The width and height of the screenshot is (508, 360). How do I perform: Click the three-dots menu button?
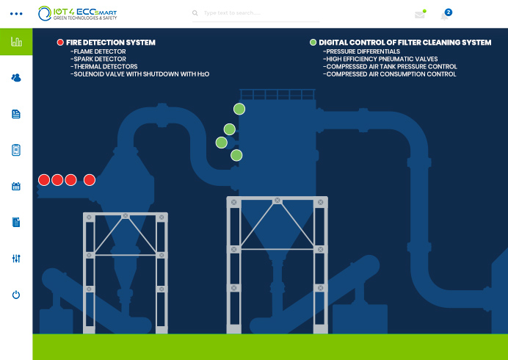tap(16, 14)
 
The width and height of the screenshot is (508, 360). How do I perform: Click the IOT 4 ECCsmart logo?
tap(77, 13)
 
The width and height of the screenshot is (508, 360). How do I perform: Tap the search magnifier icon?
tap(195, 13)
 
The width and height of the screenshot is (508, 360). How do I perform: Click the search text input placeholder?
tap(232, 13)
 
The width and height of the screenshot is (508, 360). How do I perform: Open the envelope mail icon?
tap(420, 15)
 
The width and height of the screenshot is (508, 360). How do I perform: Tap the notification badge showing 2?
tap(449, 12)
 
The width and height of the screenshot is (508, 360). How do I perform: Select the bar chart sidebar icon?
tap(16, 42)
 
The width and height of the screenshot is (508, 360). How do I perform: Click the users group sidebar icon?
tap(16, 78)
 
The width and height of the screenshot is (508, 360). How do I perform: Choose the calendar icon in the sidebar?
tap(16, 186)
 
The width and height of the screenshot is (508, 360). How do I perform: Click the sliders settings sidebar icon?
tap(16, 259)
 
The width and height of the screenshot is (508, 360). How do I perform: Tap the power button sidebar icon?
tap(16, 295)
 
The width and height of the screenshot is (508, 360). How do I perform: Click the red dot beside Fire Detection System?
tap(60, 42)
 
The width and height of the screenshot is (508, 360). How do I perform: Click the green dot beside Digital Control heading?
tap(313, 42)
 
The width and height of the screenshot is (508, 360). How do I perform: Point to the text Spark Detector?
tap(100, 59)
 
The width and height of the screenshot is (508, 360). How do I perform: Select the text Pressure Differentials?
tap(363, 51)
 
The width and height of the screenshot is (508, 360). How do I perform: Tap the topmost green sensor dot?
tap(239, 109)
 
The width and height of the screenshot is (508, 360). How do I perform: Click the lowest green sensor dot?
tap(236, 155)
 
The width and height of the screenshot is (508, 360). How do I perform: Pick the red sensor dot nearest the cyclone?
tap(90, 180)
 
